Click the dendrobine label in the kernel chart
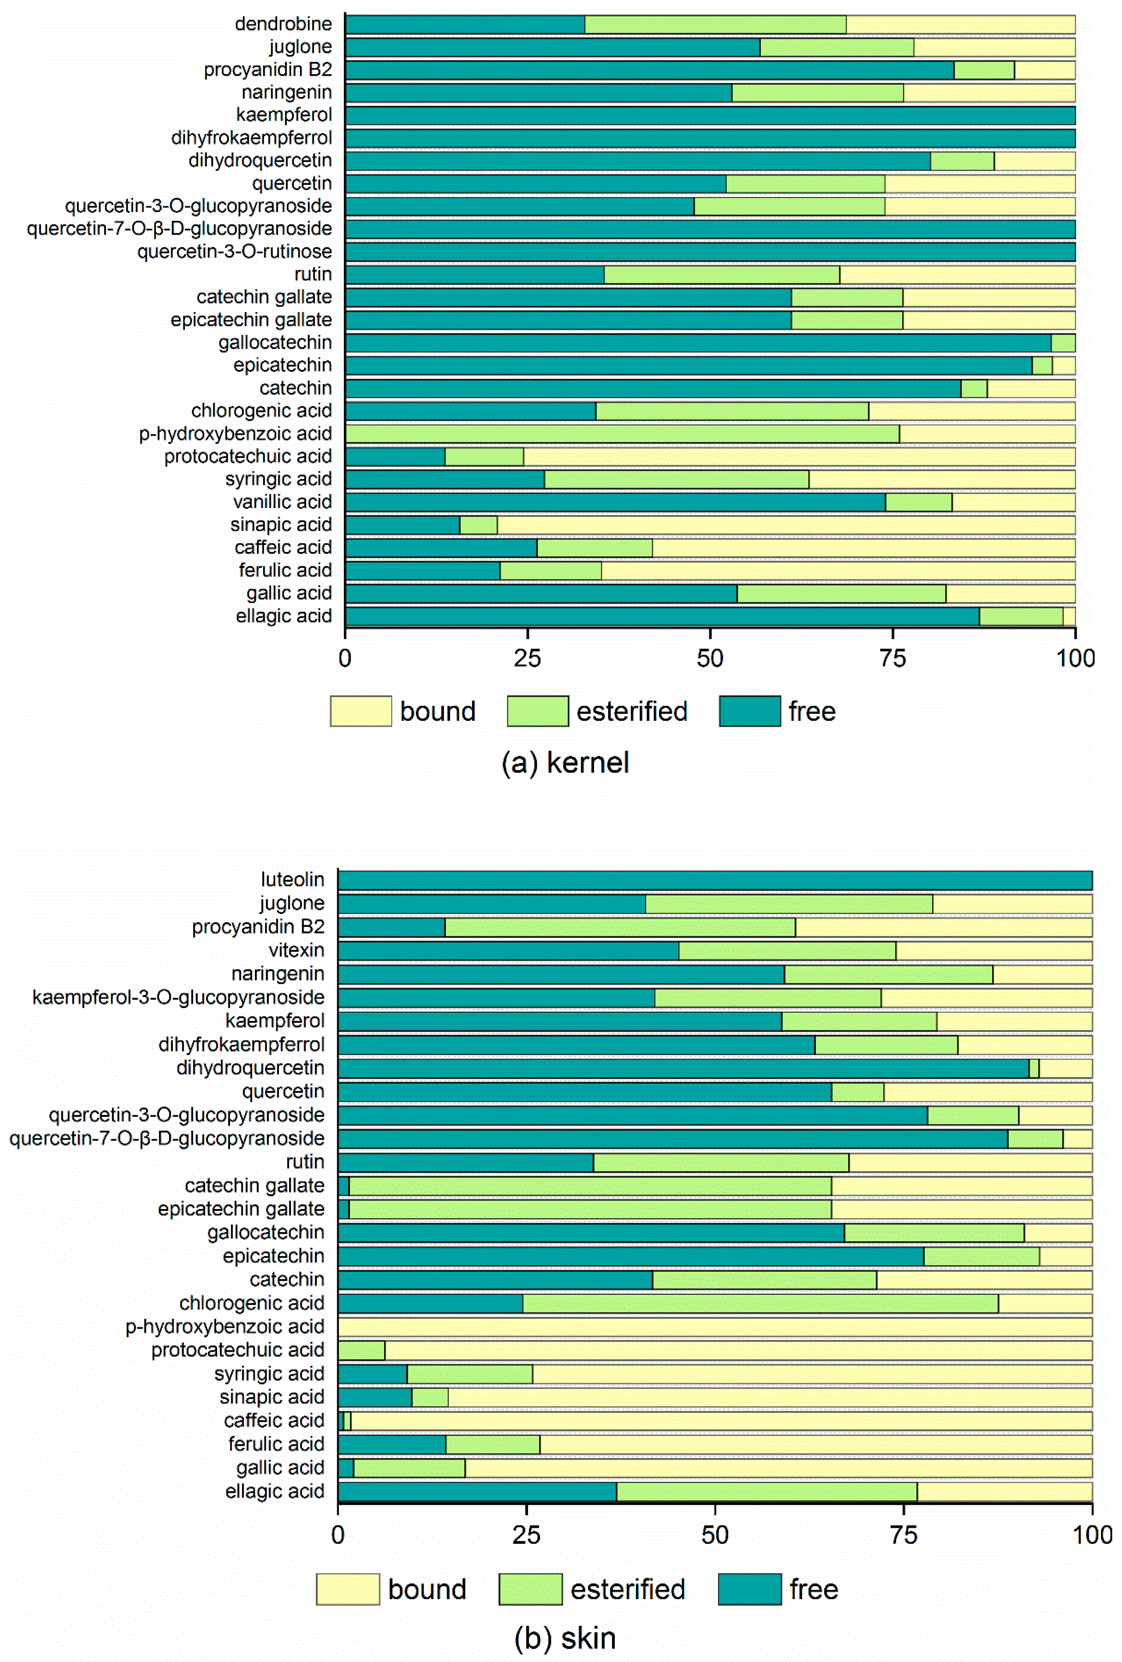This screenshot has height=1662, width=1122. (x=283, y=24)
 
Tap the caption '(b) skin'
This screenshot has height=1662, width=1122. (x=565, y=1638)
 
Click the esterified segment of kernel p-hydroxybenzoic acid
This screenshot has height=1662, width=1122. (x=622, y=434)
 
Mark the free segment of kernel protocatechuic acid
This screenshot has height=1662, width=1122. (x=395, y=457)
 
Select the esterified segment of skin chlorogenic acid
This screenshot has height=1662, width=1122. (x=760, y=1304)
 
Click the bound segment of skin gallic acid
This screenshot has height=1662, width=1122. (x=778, y=1468)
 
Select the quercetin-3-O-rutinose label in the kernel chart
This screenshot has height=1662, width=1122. (x=235, y=252)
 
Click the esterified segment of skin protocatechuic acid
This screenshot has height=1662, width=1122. (x=361, y=1350)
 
